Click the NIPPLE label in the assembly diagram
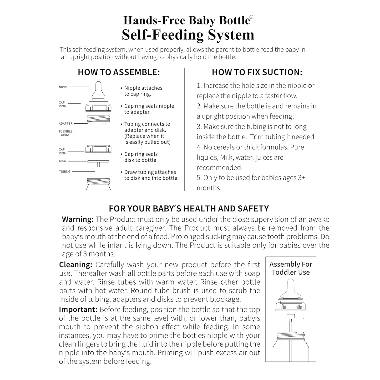(64, 87)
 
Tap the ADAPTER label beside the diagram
(65, 124)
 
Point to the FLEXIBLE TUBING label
(65, 133)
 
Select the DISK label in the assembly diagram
(63, 161)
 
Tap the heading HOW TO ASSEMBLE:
(119, 72)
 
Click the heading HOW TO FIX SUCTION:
(257, 72)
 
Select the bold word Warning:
(78, 219)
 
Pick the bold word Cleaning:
(75, 265)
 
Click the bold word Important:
(78, 310)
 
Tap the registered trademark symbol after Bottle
(251, 17)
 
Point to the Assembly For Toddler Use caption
(291, 268)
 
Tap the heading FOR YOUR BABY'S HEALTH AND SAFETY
(189, 209)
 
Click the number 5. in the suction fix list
(199, 178)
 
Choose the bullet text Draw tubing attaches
(150, 172)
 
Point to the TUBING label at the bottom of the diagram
(65, 172)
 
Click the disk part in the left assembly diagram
(98, 161)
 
